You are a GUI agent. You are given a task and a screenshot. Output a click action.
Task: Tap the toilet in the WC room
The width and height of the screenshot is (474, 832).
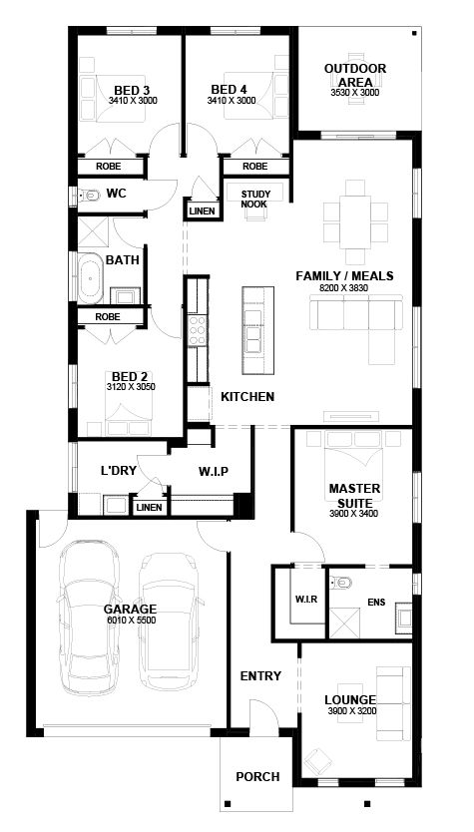pyautogui.click(x=89, y=196)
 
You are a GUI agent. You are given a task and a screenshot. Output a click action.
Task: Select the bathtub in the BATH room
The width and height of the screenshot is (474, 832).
pyautogui.click(x=91, y=278)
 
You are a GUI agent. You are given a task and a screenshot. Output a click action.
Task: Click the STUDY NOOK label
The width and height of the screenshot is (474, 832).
pyautogui.click(x=255, y=199)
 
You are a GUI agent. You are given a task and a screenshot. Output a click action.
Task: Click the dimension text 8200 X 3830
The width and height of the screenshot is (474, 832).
pyautogui.click(x=344, y=287)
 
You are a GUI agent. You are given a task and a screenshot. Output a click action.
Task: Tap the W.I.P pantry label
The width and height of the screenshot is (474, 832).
pyautogui.click(x=214, y=471)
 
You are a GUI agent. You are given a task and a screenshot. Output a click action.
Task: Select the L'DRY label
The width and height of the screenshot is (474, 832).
pyautogui.click(x=119, y=470)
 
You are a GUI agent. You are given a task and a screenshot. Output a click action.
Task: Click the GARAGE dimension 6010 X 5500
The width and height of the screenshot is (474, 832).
pyautogui.click(x=130, y=620)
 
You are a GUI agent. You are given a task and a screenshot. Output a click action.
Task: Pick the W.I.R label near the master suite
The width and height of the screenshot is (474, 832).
pyautogui.click(x=306, y=600)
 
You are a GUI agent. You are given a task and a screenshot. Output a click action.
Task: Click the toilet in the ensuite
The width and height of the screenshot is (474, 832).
pyautogui.click(x=340, y=584)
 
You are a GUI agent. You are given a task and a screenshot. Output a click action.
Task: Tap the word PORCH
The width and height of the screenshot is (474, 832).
pyautogui.click(x=258, y=777)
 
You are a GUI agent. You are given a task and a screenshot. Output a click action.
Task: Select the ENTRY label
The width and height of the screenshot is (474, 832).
pyautogui.click(x=260, y=676)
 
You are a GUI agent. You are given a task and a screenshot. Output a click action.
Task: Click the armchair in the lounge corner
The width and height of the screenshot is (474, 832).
pyautogui.click(x=317, y=762)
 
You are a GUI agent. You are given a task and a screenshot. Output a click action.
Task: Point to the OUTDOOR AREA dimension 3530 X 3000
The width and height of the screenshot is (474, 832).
pyautogui.click(x=355, y=93)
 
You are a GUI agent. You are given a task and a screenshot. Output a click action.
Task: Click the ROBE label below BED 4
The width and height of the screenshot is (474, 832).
pyautogui.click(x=255, y=167)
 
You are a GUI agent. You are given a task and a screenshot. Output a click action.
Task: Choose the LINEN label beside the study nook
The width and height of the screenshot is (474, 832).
pyautogui.click(x=203, y=211)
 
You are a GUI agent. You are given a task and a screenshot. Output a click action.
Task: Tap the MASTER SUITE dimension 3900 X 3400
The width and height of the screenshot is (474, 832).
pyautogui.click(x=353, y=514)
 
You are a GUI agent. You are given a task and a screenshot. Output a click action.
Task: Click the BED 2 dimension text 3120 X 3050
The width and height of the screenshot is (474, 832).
pyautogui.click(x=131, y=387)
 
